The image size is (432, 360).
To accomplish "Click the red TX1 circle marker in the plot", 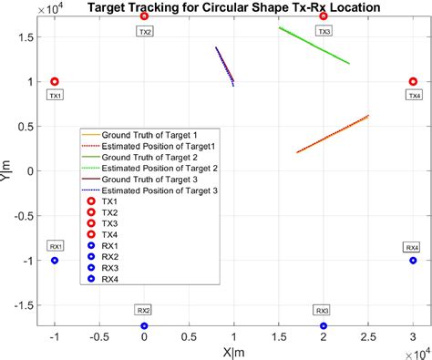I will [x=55, y=82].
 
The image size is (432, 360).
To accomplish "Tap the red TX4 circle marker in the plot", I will [x=413, y=82].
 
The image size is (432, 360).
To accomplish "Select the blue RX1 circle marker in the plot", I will [x=55, y=261].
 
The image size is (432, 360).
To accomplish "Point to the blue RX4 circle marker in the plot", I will [x=413, y=261].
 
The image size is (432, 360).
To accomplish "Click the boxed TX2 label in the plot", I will [x=145, y=31].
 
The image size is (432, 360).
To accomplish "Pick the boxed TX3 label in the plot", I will [x=324, y=31].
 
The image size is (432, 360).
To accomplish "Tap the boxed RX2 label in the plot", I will [x=144, y=311].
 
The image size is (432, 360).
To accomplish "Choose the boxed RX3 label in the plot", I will [x=324, y=311].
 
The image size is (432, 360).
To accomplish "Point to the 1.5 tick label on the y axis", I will [x=29, y=37].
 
